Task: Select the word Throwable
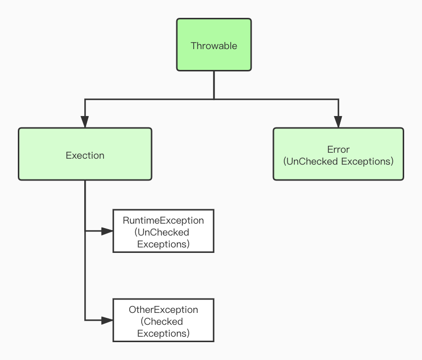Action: point(214,46)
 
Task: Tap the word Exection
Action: point(85,155)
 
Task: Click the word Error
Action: point(338,149)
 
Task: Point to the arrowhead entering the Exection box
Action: point(85,122)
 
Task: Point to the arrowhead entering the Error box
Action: point(338,122)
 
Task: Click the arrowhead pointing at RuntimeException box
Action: point(107,231)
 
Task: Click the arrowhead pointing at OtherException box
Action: point(107,320)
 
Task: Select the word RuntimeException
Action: point(163,220)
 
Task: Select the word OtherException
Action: point(163,310)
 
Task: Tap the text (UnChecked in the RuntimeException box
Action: point(161,232)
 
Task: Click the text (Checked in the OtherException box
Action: point(161,322)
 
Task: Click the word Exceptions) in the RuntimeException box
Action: point(163,244)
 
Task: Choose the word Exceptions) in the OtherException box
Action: point(163,334)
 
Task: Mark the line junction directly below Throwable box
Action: point(214,99)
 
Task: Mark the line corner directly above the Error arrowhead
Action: point(338,99)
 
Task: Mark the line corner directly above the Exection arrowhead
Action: point(85,99)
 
